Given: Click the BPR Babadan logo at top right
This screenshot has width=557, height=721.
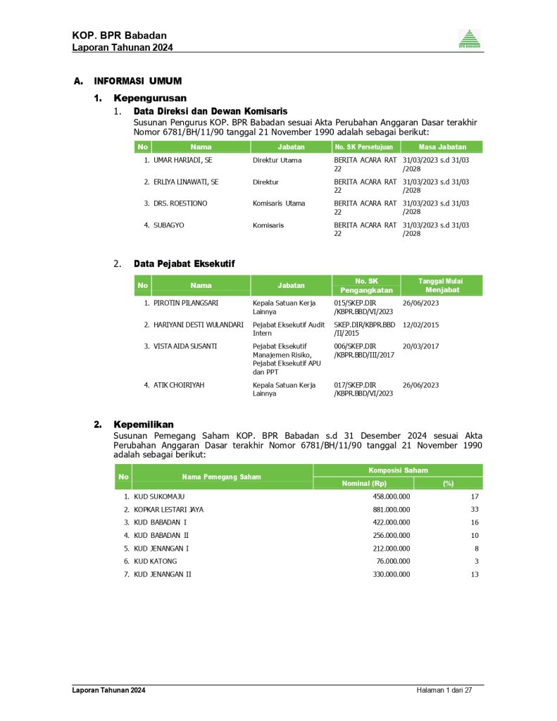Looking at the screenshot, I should click(470, 39).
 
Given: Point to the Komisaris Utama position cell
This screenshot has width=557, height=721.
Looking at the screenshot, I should click(279, 203).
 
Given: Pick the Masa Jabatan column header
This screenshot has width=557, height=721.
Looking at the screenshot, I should click(442, 147).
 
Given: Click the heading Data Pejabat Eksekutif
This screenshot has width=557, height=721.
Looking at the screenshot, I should click(184, 263).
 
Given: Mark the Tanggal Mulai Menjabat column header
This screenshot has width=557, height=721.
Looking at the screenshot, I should click(442, 285).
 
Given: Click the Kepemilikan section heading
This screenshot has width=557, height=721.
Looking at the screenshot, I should click(144, 425).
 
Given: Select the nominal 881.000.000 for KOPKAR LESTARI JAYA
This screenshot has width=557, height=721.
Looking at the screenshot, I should click(391, 509).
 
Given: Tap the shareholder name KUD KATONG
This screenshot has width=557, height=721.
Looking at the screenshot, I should click(155, 561).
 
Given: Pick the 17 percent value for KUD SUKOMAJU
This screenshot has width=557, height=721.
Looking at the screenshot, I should click(475, 496).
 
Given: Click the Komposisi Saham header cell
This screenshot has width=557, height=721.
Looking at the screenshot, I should click(398, 470).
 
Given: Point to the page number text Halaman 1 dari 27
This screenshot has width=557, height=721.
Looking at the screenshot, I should click(444, 690).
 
